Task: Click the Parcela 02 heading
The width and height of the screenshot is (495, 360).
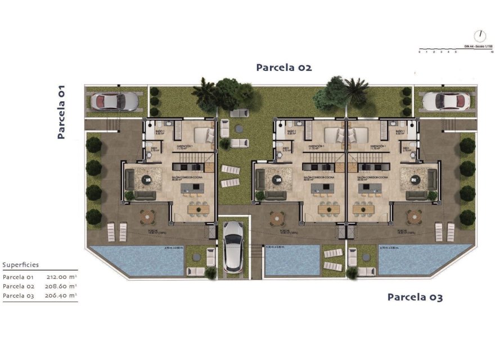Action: pyautogui.click(x=283, y=67)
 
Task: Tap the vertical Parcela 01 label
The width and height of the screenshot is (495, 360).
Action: pyautogui.click(x=61, y=112)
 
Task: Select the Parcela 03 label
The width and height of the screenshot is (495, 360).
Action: pyautogui.click(x=415, y=297)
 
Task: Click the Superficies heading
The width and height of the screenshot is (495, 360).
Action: pyautogui.click(x=21, y=265)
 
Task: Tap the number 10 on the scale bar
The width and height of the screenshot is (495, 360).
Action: pyautogui.click(x=492, y=52)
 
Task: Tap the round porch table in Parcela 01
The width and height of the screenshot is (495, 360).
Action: pyautogui.click(x=147, y=215)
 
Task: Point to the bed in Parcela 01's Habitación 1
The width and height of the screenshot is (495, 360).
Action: pyautogui.click(x=201, y=134)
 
